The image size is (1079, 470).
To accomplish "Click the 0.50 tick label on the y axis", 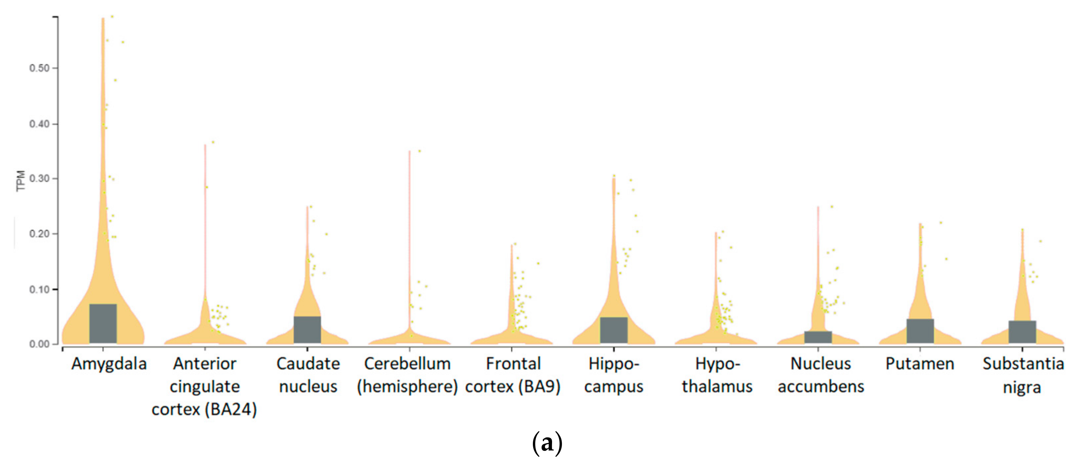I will pyautogui.click(x=39, y=68).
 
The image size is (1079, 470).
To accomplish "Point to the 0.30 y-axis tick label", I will pyautogui.click(x=39, y=179).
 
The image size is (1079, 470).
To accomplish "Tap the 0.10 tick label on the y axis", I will pyautogui.click(x=39, y=289).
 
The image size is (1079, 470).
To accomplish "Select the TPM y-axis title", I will pyautogui.click(x=20, y=181).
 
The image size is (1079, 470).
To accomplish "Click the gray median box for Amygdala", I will pyautogui.click(x=103, y=323).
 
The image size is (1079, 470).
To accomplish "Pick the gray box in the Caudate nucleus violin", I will pyautogui.click(x=307, y=330).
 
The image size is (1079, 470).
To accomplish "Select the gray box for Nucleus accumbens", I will pyautogui.click(x=818, y=337).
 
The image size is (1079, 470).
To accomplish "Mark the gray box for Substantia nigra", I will pyautogui.click(x=1022, y=332).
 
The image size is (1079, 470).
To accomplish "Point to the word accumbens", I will pyautogui.click(x=821, y=387).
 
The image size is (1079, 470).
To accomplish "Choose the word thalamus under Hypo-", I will pyautogui.click(x=717, y=387).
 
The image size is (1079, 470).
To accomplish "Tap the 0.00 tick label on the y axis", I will pyautogui.click(x=39, y=344).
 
